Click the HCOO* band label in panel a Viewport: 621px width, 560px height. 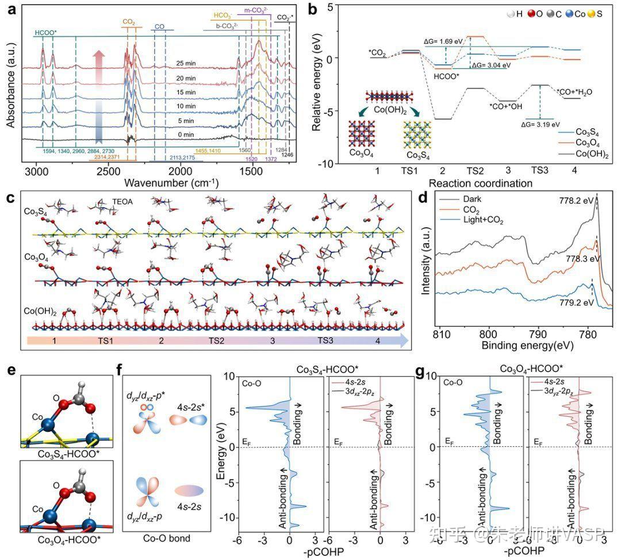pyautogui.click(x=45, y=33)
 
